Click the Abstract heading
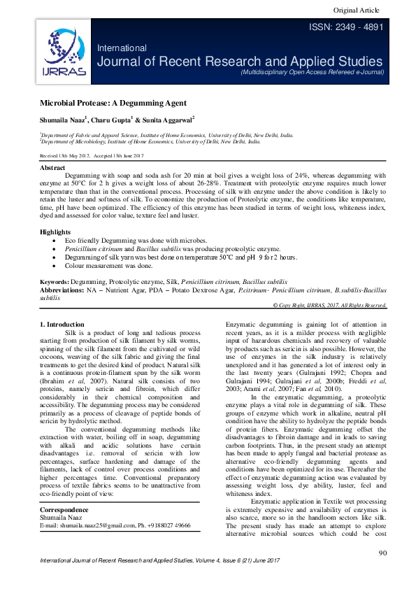coord(52,169)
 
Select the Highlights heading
coord(55,232)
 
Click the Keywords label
coord(58,281)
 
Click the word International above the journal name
coord(122,48)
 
